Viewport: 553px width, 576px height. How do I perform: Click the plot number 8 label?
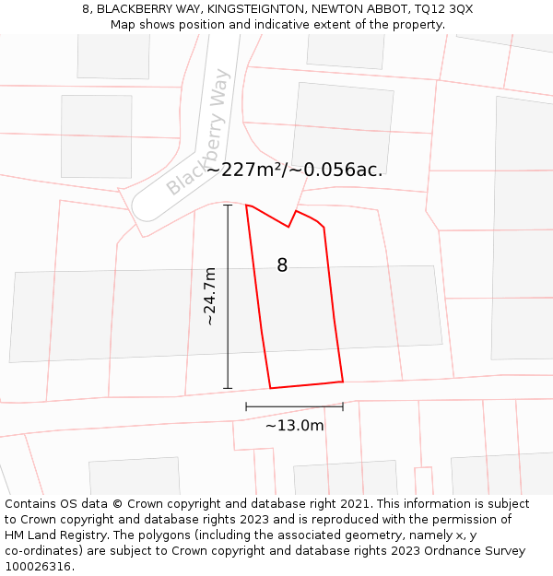282,265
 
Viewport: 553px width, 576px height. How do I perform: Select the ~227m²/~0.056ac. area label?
294,170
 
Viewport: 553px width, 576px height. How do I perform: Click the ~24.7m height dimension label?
210,297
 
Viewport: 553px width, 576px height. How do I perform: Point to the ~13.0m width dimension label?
295,426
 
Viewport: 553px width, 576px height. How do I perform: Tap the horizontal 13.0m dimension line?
294,406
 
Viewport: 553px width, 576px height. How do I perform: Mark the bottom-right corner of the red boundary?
343,381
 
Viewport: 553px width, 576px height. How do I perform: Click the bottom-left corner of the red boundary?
270,388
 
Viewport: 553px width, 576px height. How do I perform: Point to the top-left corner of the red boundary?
246,206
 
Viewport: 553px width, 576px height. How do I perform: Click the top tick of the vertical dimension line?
228,206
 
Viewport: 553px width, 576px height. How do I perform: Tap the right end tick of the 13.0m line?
343,406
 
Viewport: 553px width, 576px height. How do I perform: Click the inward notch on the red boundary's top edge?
289,227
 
